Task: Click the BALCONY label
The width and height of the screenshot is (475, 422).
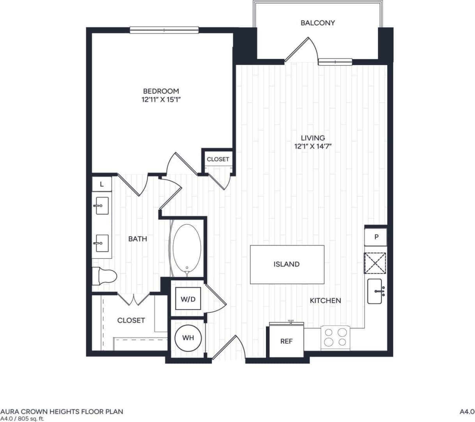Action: tap(317, 23)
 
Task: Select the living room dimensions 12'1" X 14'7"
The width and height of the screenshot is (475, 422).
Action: tap(313, 147)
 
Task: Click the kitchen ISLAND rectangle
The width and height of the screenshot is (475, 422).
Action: tap(287, 264)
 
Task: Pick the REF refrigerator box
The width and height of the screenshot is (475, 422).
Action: tap(286, 341)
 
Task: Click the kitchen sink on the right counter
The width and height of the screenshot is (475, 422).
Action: tap(375, 291)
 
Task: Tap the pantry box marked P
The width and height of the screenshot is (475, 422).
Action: tap(376, 237)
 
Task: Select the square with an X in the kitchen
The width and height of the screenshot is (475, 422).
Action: tap(375, 263)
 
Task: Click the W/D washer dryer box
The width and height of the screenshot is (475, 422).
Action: tap(188, 299)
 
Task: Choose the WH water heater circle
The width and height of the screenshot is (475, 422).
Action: tap(188, 338)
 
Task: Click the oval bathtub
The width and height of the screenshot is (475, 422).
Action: tap(187, 249)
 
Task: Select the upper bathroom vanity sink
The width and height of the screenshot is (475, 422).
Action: tap(102, 206)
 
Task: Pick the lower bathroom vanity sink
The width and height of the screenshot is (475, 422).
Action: tap(102, 243)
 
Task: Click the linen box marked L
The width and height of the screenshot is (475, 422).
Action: tap(102, 184)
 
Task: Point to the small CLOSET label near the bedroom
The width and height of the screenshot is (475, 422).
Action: tap(218, 159)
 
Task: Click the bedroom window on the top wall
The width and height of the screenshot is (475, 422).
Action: tap(164, 30)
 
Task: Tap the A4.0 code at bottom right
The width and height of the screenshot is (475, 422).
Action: tap(466, 411)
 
